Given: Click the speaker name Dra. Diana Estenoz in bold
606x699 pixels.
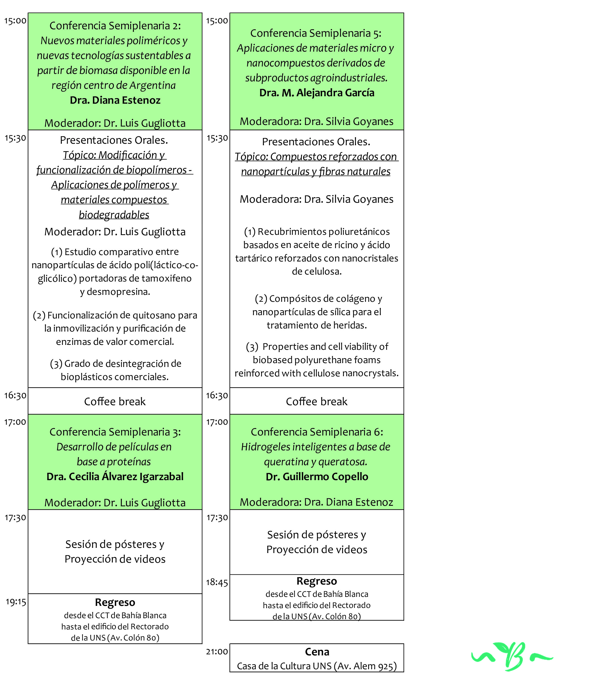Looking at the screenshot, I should coord(115,100).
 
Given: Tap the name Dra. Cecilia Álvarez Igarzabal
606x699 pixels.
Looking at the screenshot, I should coord(115,476).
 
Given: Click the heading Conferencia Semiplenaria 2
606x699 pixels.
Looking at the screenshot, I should coord(115,25).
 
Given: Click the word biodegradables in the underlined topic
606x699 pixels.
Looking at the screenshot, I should coord(114,215).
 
